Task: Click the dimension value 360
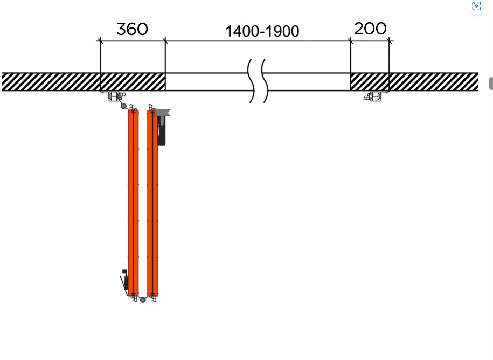[132, 29]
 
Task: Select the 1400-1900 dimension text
[262, 31]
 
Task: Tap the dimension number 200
[370, 29]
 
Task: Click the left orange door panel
[133, 203]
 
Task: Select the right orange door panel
[152, 203]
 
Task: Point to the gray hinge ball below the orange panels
[143, 300]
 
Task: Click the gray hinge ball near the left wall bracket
[123, 106]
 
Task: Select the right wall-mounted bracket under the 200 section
[373, 96]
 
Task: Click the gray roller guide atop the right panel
[162, 113]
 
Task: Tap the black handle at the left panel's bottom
[124, 281]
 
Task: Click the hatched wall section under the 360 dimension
[133, 82]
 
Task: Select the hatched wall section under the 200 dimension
[370, 82]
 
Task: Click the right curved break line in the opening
[265, 80]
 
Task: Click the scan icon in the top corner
[476, 6]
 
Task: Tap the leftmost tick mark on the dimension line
[100, 41]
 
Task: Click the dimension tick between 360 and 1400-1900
[165, 41]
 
